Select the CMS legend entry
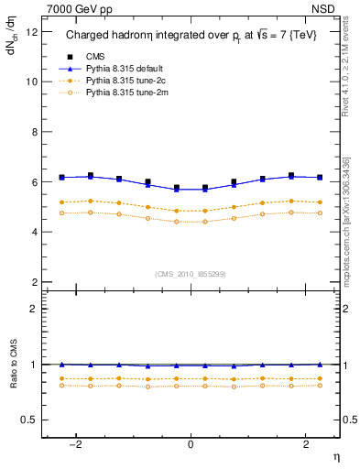click(93, 57)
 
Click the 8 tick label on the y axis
click(33, 132)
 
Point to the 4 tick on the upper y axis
click(33, 232)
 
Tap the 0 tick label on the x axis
click(191, 444)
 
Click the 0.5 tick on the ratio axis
click(28, 420)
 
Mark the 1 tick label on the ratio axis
click(33, 365)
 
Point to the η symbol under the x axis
click(334, 455)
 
